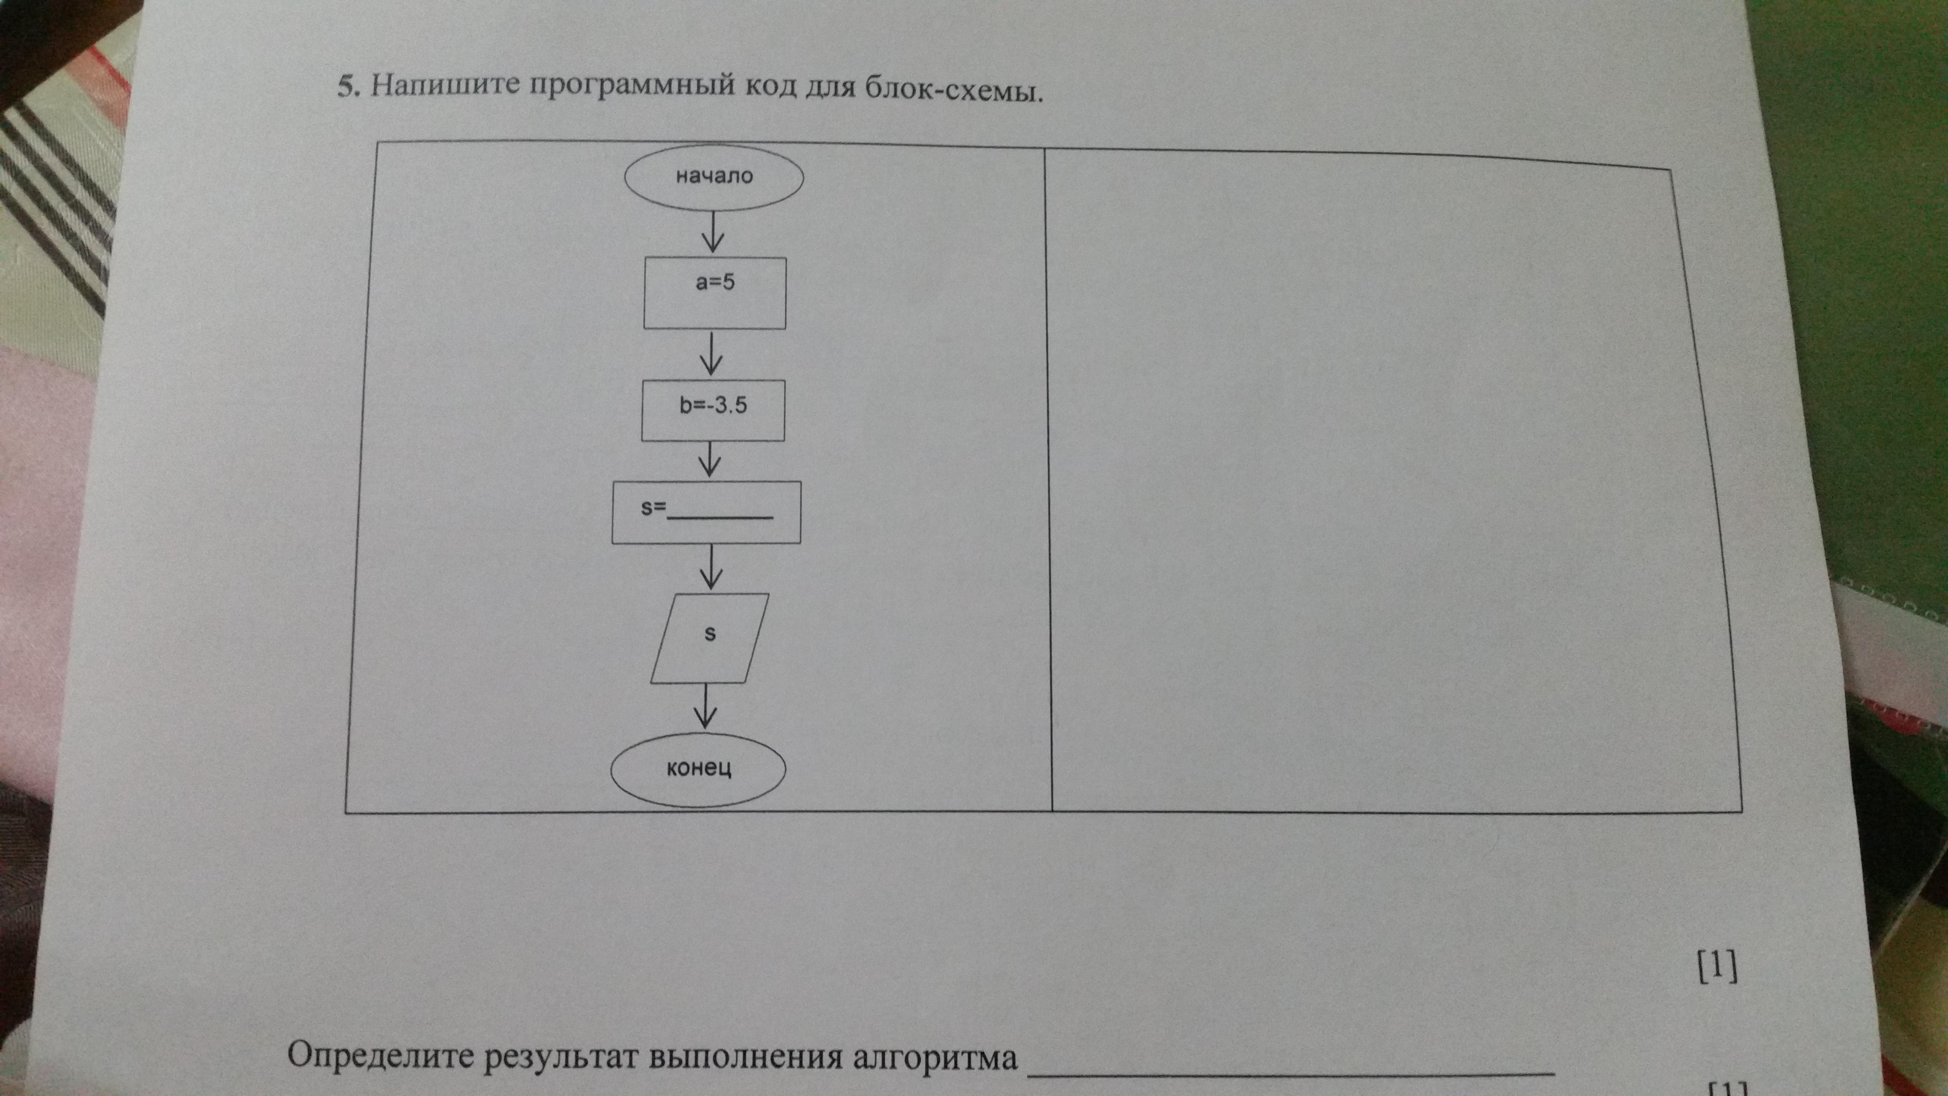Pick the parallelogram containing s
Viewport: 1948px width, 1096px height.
709,637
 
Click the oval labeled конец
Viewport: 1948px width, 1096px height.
698,769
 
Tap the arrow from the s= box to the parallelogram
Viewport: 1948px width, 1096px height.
709,567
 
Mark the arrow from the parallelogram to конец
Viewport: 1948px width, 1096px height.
706,706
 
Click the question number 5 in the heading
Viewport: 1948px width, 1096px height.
346,88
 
